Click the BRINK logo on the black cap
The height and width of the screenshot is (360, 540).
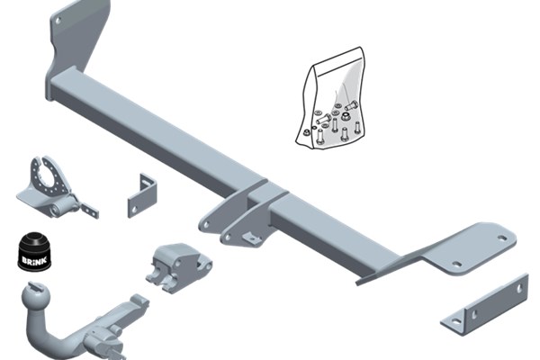click(x=34, y=259)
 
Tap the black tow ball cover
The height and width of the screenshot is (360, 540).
click(x=34, y=251)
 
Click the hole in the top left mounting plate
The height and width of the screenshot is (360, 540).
click(x=58, y=21)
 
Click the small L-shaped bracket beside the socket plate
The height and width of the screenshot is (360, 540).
click(x=142, y=195)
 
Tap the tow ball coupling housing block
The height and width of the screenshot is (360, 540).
click(x=178, y=266)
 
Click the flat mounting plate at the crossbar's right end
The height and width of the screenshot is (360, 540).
click(x=468, y=249)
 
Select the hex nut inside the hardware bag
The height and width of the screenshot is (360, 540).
click(x=345, y=118)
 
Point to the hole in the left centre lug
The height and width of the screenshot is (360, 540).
click(x=206, y=225)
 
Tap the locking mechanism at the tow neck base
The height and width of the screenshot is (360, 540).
click(x=104, y=339)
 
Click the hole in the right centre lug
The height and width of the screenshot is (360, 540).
click(x=228, y=237)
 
